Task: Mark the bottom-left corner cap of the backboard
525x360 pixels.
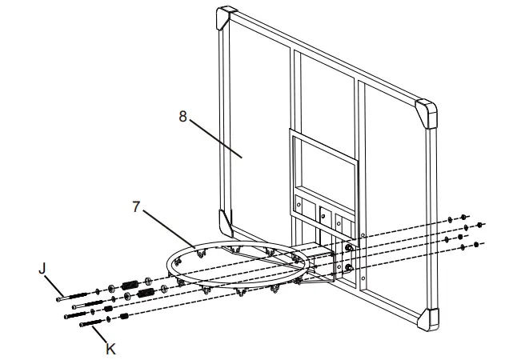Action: [x=225, y=221]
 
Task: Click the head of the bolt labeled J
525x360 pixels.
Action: [x=58, y=297]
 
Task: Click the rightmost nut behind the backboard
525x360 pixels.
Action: [x=479, y=225]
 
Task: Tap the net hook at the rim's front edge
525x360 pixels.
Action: [x=239, y=295]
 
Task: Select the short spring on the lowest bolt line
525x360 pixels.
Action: [x=125, y=315]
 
